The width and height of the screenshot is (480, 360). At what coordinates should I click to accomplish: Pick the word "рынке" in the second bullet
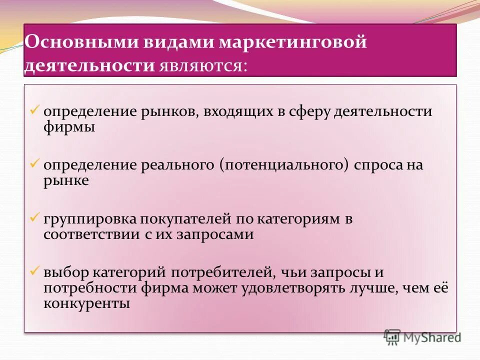click(x=66, y=180)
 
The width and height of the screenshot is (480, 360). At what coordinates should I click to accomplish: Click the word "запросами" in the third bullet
click(x=214, y=234)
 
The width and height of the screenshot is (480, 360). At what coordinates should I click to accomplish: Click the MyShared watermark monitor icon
click(x=392, y=337)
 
